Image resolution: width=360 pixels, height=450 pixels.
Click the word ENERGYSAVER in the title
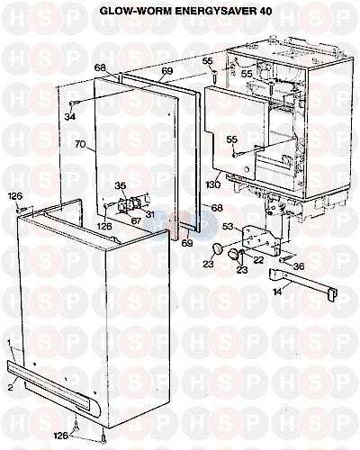[207, 12]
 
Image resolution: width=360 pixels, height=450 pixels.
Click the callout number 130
[212, 184]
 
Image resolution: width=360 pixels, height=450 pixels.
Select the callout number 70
[80, 144]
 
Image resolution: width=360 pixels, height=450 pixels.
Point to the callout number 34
[69, 115]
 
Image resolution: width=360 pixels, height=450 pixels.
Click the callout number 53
[228, 227]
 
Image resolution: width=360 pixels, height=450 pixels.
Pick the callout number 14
[277, 292]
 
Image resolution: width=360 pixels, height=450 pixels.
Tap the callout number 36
[299, 266]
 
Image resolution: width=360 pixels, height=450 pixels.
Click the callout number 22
[258, 259]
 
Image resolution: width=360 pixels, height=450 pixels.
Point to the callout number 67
[136, 220]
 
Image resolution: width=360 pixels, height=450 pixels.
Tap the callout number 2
[10, 387]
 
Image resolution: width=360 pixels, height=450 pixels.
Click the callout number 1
[9, 342]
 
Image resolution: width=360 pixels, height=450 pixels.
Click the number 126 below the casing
[62, 435]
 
